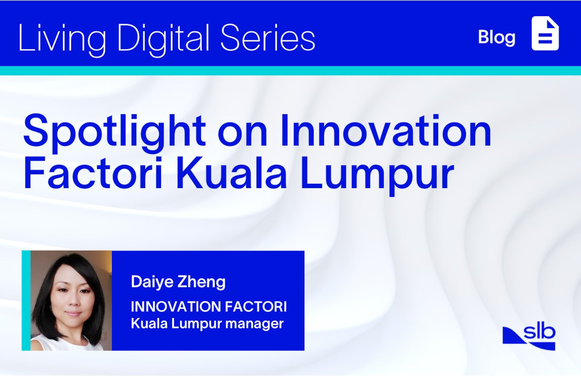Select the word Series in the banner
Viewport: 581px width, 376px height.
coord(268,38)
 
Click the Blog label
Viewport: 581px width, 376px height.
coord(497,38)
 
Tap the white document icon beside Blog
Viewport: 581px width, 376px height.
coord(545,33)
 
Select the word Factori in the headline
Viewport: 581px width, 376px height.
coord(93,173)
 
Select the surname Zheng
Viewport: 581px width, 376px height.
coord(202,283)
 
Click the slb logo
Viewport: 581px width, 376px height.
coord(529,337)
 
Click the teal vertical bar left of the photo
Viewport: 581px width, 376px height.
coord(26,300)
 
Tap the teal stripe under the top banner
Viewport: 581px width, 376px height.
coord(290,71)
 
